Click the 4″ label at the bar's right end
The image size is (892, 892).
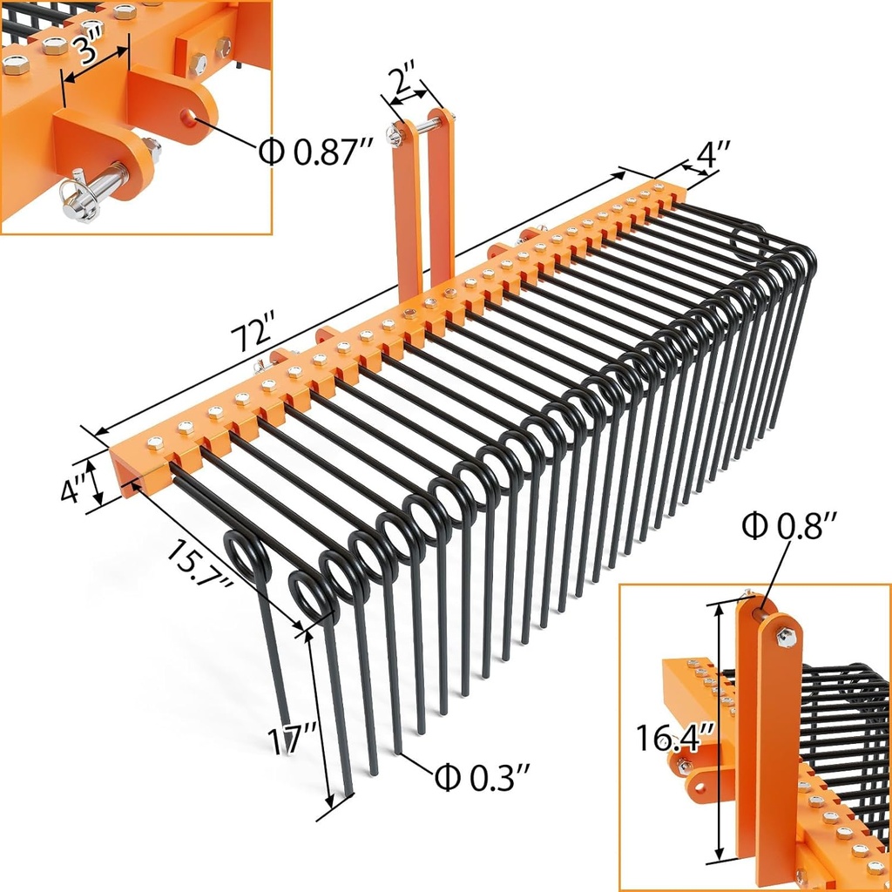point(707,157)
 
